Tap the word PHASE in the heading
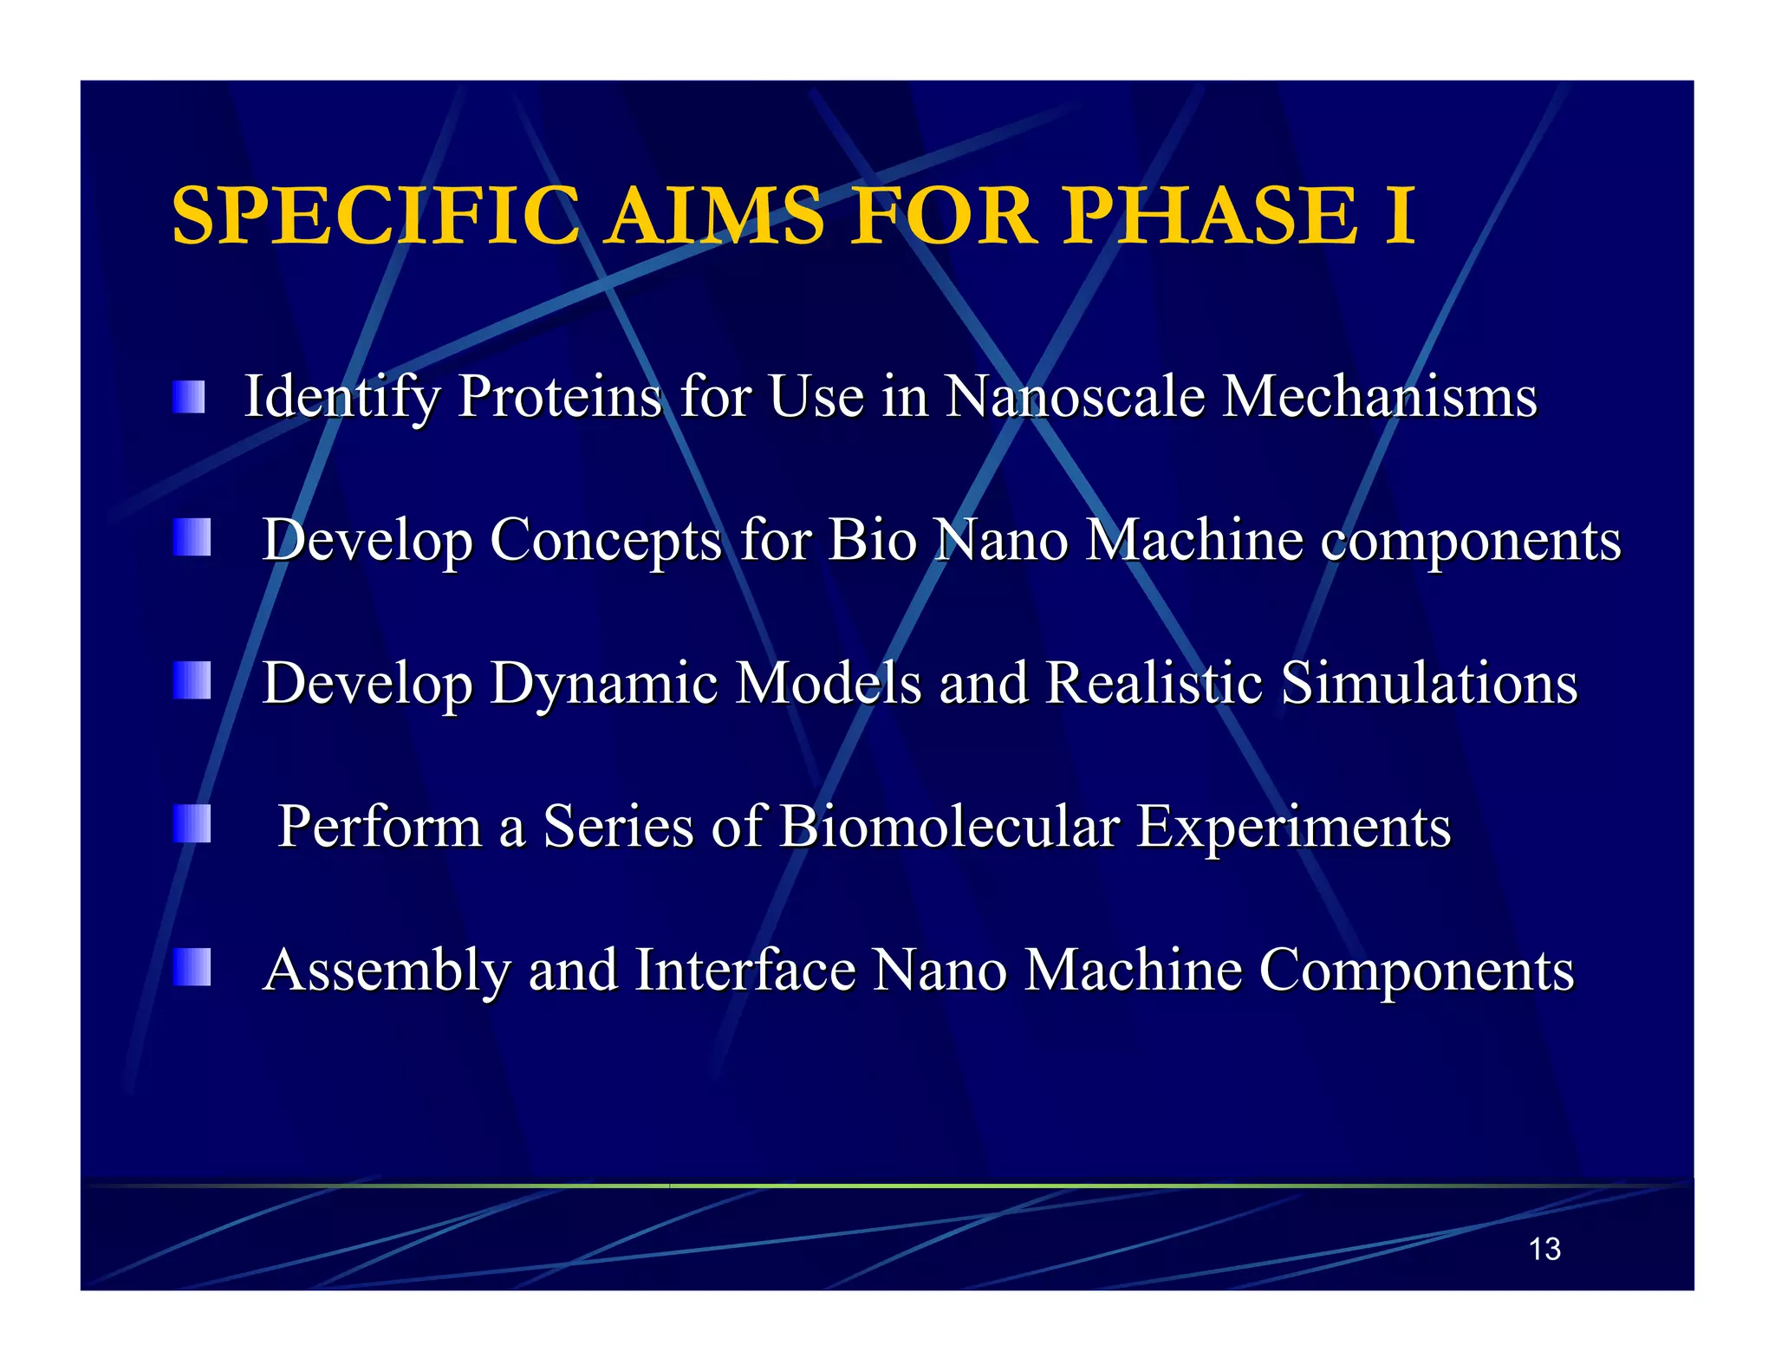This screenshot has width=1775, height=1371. [1210, 216]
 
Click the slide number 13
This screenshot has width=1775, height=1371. [1544, 1249]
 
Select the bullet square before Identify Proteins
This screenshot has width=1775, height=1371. [189, 397]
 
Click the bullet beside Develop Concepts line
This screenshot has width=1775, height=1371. [192, 537]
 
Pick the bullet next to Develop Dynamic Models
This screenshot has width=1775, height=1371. [192, 680]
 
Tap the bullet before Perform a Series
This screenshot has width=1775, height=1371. [192, 823]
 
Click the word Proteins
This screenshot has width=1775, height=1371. [560, 397]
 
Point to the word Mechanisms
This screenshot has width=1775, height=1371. [1379, 397]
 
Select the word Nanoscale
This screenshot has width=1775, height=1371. [1075, 397]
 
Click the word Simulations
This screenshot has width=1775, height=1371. [1429, 683]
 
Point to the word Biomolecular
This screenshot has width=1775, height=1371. [948, 826]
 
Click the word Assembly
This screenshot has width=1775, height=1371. [387, 971]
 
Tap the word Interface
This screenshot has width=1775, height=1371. [745, 969]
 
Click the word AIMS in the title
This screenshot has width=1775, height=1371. [715, 216]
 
